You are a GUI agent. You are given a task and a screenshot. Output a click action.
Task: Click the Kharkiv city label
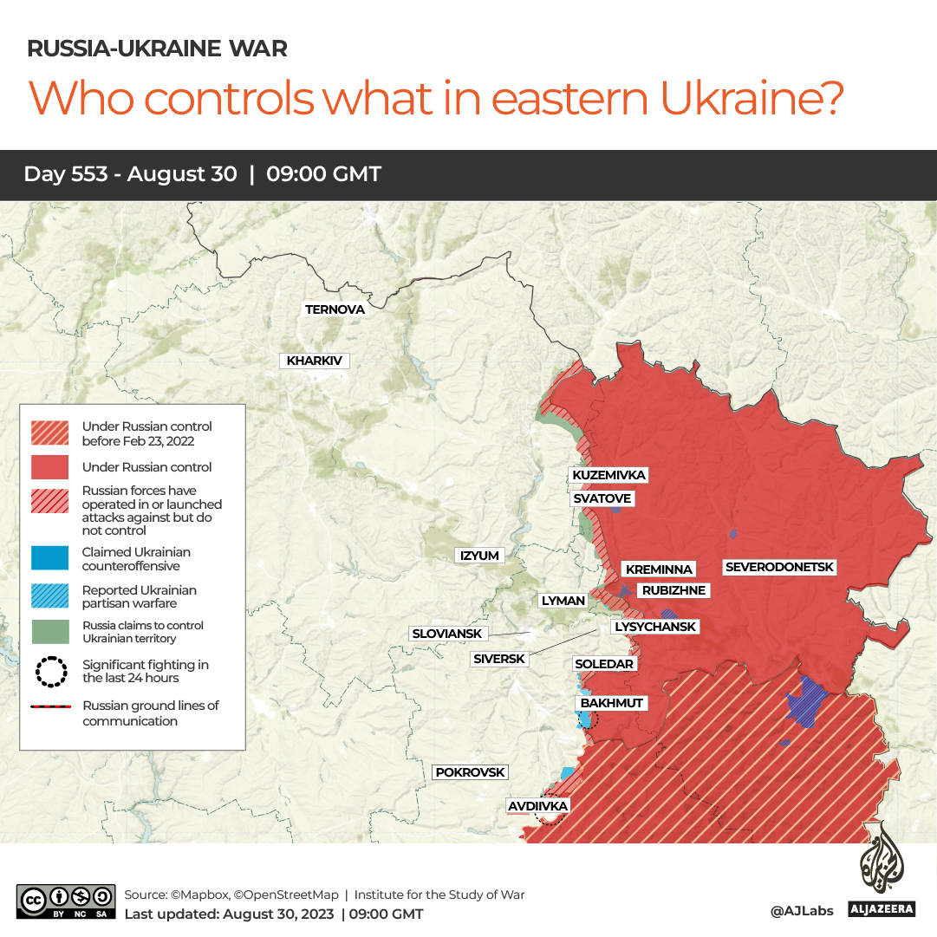tap(314, 361)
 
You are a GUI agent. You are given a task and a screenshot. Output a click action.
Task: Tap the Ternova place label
tap(335, 309)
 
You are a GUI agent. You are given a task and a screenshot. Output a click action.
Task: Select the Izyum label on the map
tap(479, 556)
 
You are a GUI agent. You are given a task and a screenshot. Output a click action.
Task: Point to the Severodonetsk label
tap(779, 567)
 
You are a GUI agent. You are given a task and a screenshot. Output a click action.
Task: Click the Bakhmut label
tap(612, 702)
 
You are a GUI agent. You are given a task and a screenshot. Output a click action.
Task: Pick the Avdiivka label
tap(537, 806)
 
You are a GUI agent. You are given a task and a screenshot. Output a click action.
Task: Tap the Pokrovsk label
tap(469, 771)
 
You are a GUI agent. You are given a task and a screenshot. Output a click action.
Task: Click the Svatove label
tap(602, 498)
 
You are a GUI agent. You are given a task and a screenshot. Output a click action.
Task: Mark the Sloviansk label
tap(446, 634)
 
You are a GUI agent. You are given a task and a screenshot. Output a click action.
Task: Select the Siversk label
tap(499, 659)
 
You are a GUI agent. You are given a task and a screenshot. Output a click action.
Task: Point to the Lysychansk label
tap(654, 627)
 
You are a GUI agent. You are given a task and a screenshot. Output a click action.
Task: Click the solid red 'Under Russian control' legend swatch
tap(49, 467)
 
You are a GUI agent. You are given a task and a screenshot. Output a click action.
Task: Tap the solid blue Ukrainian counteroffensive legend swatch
tap(49, 558)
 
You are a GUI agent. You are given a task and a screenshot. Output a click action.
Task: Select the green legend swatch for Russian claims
tap(49, 631)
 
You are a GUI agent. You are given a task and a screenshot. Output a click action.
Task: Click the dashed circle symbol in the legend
tap(49, 671)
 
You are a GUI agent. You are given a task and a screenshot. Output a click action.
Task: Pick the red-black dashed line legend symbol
tap(49, 706)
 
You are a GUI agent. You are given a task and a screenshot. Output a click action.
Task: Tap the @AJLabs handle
tap(802, 910)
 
